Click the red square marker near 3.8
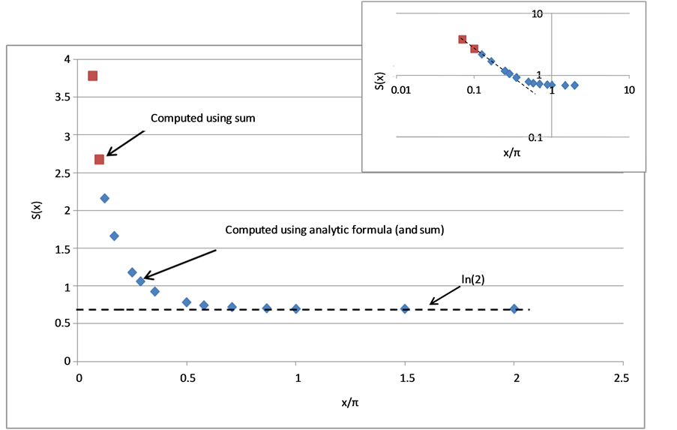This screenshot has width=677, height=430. pyautogui.click(x=93, y=76)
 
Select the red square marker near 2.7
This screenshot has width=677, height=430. pyautogui.click(x=99, y=159)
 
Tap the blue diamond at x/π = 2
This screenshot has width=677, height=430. pyautogui.click(x=514, y=308)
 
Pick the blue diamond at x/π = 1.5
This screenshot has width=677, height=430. pyautogui.click(x=405, y=308)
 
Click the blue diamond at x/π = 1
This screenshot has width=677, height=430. pyautogui.click(x=296, y=308)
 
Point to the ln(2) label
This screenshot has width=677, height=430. pyautogui.click(x=473, y=278)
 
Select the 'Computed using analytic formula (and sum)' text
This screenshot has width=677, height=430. pyautogui.click(x=335, y=230)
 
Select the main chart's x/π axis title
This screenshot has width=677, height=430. pyautogui.click(x=350, y=402)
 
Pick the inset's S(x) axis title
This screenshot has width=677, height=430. pyautogui.click(x=377, y=80)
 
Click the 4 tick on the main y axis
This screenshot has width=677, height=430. pyautogui.click(x=67, y=59)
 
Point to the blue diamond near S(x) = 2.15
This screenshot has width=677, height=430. pyautogui.click(x=105, y=198)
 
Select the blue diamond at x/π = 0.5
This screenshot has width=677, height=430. pyautogui.click(x=187, y=302)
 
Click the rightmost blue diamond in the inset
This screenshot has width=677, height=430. pyautogui.click(x=574, y=85)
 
